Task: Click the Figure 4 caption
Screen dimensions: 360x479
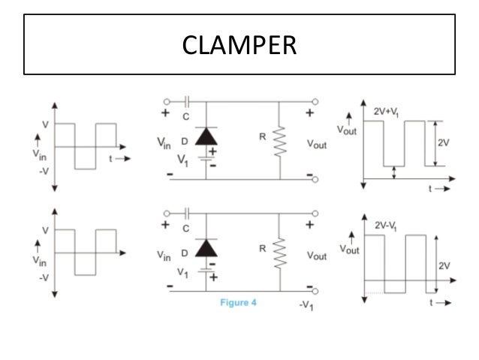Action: coord(239,302)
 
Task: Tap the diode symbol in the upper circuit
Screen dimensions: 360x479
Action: coord(205,136)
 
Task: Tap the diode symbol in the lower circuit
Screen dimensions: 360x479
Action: coord(205,247)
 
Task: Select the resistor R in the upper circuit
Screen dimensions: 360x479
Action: coord(280,140)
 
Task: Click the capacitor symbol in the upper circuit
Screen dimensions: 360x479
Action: coord(186,100)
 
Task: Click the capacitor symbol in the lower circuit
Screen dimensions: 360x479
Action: coord(186,212)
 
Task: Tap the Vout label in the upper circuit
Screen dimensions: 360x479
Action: coord(317,143)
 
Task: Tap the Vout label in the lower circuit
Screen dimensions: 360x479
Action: coord(317,256)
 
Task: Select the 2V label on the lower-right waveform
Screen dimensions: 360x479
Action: coord(444,265)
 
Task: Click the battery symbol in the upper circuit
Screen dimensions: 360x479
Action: coord(205,160)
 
